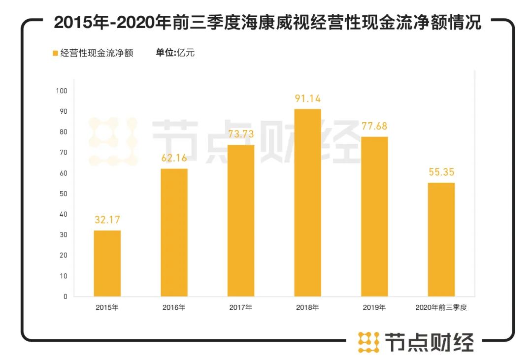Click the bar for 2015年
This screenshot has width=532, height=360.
pos(107,263)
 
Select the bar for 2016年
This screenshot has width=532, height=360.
pos(174,232)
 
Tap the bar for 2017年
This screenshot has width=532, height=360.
pos(241,221)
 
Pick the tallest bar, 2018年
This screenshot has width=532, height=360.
pos(307,203)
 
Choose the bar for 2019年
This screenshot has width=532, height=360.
pos(374,217)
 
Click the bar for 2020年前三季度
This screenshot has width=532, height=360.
pos(441,239)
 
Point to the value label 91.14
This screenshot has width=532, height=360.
pos(308,99)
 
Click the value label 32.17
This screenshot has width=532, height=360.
pos(107,220)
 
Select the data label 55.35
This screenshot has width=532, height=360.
pos(441,172)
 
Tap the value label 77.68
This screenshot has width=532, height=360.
pos(374,127)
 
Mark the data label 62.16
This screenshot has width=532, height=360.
pos(174,159)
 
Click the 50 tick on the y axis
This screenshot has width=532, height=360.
pos(64,194)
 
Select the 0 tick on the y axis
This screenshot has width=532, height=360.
pos(65,296)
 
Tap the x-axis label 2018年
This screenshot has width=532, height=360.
pos(307,308)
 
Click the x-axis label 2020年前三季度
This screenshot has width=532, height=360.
pos(441,308)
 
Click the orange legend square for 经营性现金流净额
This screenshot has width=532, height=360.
pos(55,53)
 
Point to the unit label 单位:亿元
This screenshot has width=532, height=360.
pos(175,53)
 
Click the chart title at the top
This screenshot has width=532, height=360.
pos(266,23)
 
